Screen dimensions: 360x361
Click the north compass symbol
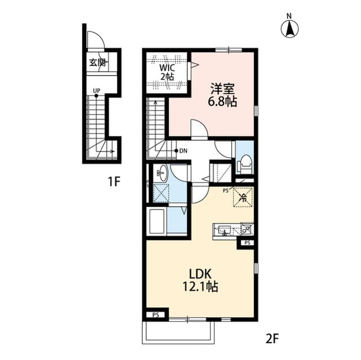click(x=290, y=28)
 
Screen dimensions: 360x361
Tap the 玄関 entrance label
click(x=96, y=63)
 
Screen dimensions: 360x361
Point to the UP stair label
click(x=96, y=90)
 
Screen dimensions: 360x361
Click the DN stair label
click(x=183, y=151)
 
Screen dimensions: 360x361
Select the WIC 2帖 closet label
click(x=166, y=72)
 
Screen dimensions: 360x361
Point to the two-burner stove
click(x=246, y=229)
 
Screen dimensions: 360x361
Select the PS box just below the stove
click(x=246, y=243)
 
